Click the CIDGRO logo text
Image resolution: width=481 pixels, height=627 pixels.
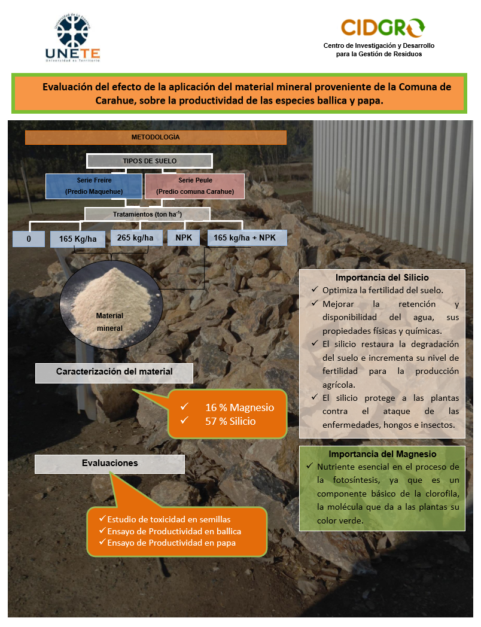pos(383,28)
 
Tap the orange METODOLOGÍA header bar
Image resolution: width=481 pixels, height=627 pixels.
pos(156,138)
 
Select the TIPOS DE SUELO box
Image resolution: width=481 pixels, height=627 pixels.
pos(150,161)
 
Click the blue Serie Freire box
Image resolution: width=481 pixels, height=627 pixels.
pos(94,186)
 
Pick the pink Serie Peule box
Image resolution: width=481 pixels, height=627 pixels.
pos(195,186)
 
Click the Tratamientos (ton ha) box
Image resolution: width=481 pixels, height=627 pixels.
pos(147,214)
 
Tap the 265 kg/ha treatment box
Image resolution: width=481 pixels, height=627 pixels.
pos(136,238)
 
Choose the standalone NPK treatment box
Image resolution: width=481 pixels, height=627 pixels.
pos(183,238)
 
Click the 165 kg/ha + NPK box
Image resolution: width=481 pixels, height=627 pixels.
pos(247,238)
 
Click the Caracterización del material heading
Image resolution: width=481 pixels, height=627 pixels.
pos(114,372)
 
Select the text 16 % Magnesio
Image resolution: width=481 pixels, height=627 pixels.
pos(239,407)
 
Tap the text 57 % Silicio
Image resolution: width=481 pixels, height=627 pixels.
pos(230,421)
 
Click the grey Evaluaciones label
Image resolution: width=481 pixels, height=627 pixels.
pos(109,464)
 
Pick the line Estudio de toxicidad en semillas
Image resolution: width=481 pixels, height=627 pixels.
pos(168,519)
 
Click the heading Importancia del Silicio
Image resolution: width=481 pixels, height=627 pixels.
pos(382,278)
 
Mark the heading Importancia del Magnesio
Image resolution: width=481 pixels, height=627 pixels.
pos(382,454)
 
